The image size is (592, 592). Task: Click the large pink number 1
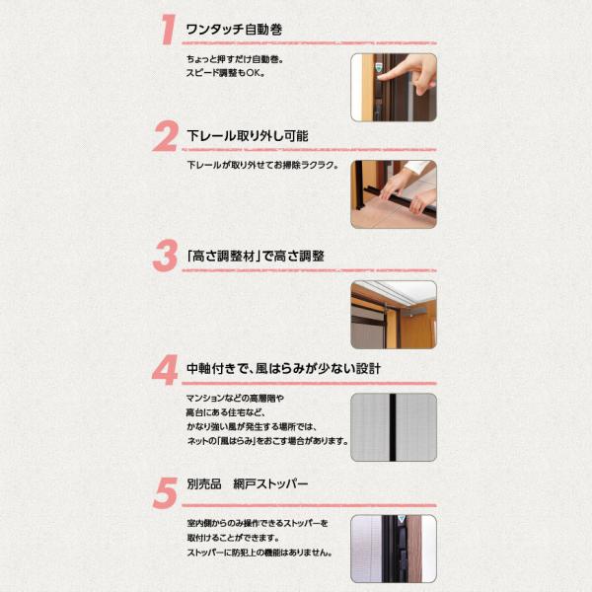tap(168, 30)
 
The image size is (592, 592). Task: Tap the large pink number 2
tap(165, 136)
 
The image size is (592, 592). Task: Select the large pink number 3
tap(165, 256)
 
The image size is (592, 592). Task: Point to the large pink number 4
tap(165, 370)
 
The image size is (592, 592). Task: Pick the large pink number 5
tap(166, 492)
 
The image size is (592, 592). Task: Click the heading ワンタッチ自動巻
tap(234, 30)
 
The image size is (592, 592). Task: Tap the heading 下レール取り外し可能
tap(248, 136)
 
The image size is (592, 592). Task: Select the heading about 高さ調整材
tap(256, 256)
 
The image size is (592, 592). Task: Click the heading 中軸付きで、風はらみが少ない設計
tap(283, 368)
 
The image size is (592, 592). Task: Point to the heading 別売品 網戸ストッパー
tap(248, 484)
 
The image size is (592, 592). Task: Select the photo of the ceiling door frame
tap(394, 315)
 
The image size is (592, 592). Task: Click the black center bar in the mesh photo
tap(393, 427)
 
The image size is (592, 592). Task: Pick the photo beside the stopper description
tap(394, 549)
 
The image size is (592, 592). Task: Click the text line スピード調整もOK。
tap(226, 73)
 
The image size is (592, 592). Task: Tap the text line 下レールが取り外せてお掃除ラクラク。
tap(262, 165)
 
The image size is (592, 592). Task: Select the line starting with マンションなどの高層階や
tap(235, 399)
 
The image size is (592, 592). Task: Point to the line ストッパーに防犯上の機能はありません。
tap(259, 553)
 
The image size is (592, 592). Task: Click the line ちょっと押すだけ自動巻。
tap(235, 59)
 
